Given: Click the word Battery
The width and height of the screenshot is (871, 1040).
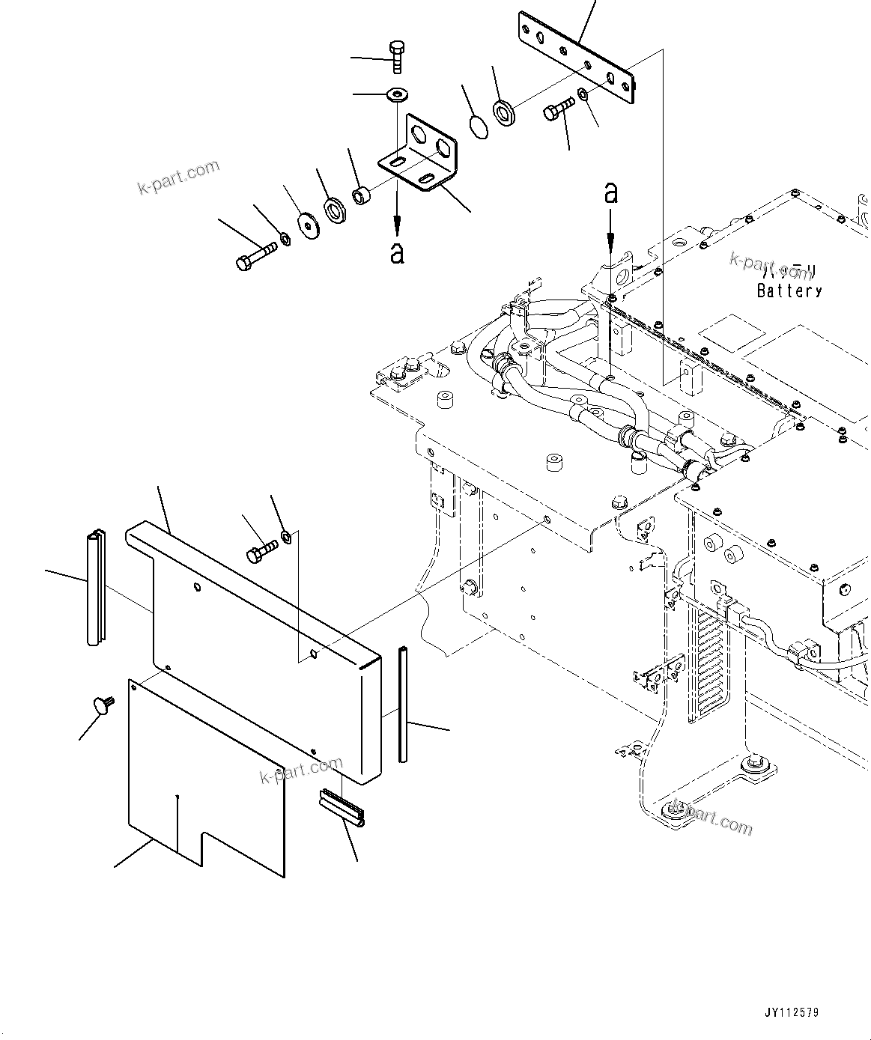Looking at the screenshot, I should [789, 291].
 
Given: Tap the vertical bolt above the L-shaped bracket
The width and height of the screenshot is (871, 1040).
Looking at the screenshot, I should [396, 57].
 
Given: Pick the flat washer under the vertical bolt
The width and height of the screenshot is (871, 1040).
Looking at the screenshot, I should [395, 94].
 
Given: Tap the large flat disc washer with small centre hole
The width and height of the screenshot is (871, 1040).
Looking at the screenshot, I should [307, 223].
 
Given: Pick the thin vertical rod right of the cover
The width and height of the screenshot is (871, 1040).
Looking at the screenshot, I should [404, 705].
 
